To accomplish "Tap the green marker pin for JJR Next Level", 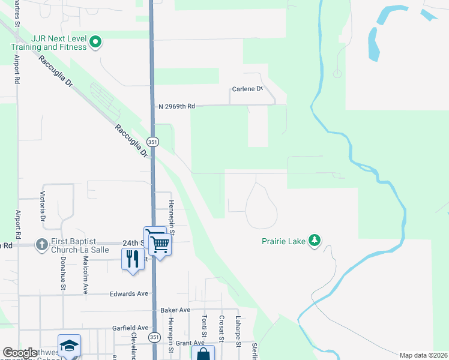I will click(x=95, y=42).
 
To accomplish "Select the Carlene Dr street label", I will click(x=247, y=89).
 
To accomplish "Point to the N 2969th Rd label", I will click(x=177, y=106).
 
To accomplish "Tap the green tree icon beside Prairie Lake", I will click(x=314, y=241).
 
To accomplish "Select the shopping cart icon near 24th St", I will click(x=160, y=244).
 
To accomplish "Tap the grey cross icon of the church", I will click(x=41, y=244).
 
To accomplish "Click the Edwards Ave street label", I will click(x=128, y=294).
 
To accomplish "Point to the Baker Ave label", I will click(x=175, y=310).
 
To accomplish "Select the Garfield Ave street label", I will click(x=130, y=328).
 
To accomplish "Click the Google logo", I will click(x=20, y=353).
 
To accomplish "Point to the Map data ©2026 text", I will click(x=423, y=355).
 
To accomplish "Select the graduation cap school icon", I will click(x=69, y=346).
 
